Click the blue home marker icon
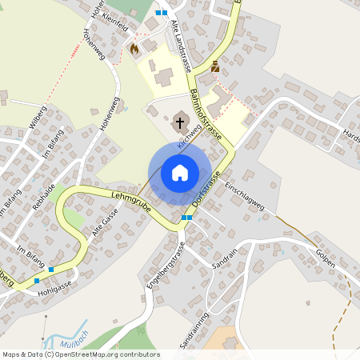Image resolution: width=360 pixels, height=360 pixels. pyautogui.click(x=179, y=173)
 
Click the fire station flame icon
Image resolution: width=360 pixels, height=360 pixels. pyautogui.click(x=134, y=48)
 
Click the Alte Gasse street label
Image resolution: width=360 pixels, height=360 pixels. pyautogui.click(x=104, y=218)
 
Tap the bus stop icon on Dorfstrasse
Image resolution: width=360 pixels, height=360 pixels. pyautogui.click(x=186, y=217)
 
